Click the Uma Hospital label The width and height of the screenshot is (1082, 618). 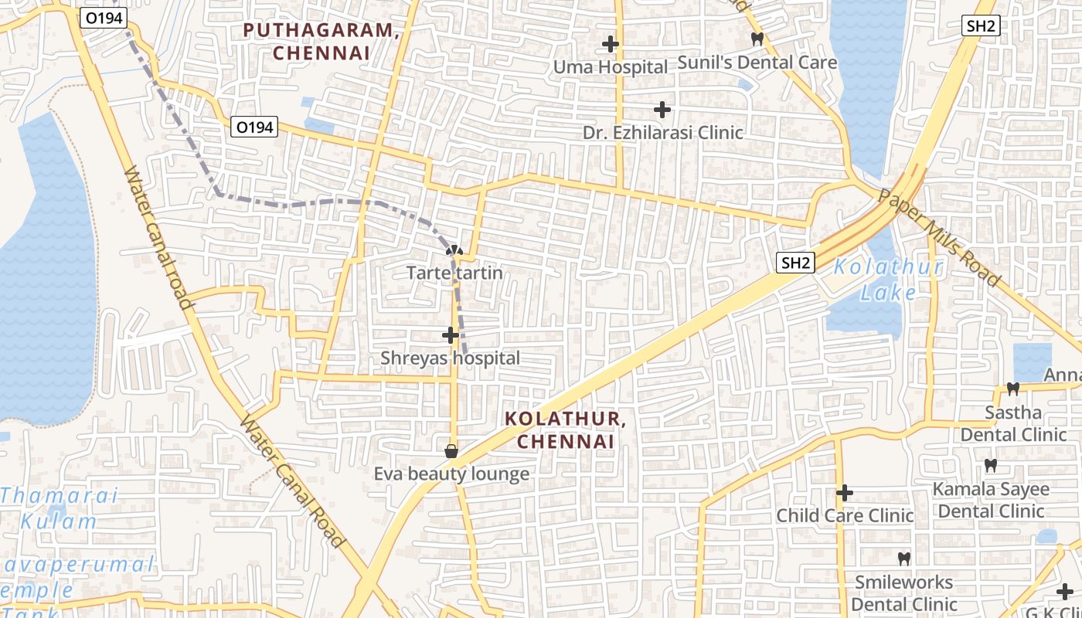click(x=610, y=67)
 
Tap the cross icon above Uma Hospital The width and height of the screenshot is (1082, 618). click(x=611, y=44)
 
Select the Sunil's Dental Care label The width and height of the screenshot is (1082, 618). click(x=757, y=62)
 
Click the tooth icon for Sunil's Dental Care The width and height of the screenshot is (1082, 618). click(x=757, y=39)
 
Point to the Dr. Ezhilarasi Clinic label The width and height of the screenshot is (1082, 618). click(x=663, y=132)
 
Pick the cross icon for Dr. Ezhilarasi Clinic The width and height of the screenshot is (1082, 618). click(x=662, y=109)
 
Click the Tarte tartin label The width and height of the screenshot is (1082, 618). click(x=454, y=273)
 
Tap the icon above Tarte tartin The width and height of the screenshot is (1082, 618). click(x=454, y=250)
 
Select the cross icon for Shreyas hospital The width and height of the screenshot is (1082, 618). click(x=451, y=335)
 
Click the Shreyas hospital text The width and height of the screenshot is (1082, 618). click(x=450, y=358)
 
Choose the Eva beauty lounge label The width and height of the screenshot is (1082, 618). click(x=451, y=474)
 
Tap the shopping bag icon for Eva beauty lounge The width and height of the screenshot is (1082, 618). click(x=451, y=450)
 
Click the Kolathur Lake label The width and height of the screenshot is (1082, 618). click(x=889, y=280)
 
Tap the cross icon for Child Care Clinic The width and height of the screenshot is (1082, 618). click(x=845, y=492)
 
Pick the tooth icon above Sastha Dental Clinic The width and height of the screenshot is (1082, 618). click(x=1013, y=389)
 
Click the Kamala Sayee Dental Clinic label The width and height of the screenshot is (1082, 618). click(x=991, y=500)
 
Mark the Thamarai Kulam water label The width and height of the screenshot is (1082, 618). click(x=59, y=508)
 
